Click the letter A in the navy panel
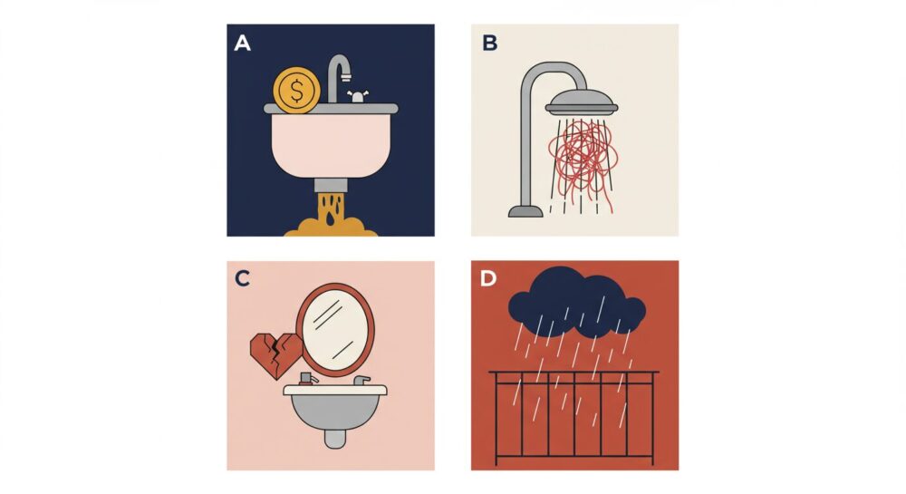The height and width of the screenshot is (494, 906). [242, 43]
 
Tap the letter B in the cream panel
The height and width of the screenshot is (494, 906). [489, 43]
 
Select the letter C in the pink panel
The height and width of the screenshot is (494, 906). [242, 278]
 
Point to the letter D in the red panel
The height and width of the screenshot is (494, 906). [488, 278]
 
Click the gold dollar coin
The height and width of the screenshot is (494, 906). [296, 90]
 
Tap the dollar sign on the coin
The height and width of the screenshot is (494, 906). [296, 91]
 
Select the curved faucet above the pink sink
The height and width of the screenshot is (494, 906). [338, 78]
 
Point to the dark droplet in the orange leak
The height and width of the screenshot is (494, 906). [330, 219]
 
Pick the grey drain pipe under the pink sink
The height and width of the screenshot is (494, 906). [331, 186]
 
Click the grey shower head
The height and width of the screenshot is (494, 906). [582, 102]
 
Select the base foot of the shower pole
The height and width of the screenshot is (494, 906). [525, 211]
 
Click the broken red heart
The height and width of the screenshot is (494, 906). [275, 354]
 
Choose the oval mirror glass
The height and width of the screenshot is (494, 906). [334, 330]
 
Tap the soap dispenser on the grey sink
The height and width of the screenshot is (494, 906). [307, 379]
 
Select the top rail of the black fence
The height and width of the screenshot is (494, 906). [573, 373]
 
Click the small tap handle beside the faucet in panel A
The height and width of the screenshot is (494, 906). [358, 96]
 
